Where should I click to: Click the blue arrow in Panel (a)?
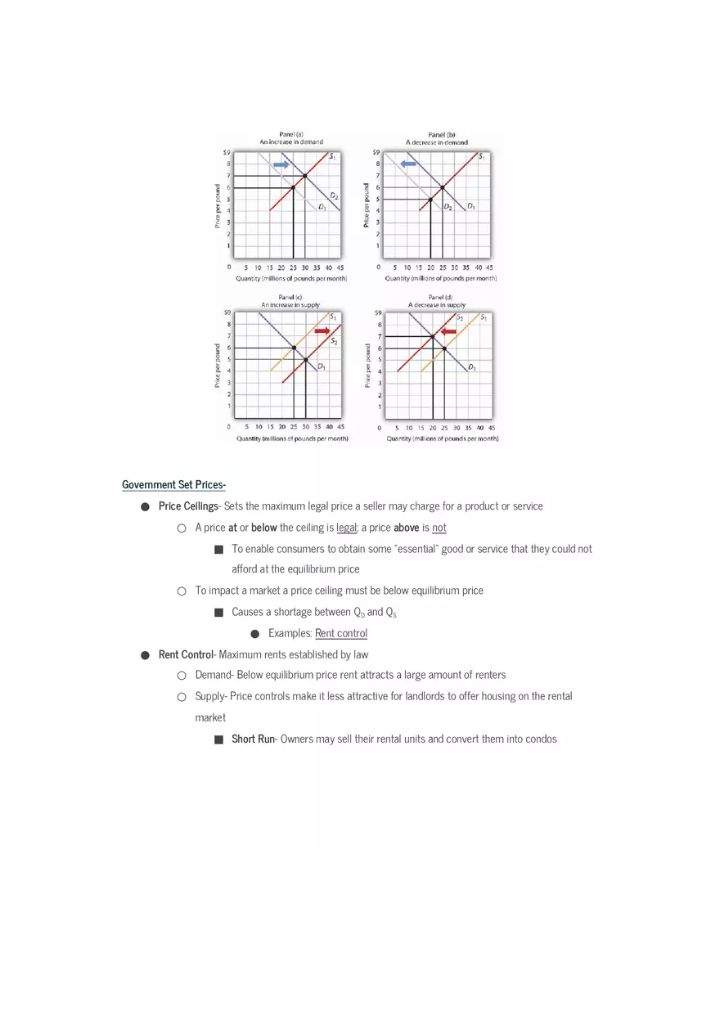pos(281,165)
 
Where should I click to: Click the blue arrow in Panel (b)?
pos(408,164)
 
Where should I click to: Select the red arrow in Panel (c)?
pos(322,330)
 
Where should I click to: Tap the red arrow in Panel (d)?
pos(448,331)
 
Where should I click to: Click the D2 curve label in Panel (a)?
pos(334,196)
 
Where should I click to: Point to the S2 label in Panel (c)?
pos(334,340)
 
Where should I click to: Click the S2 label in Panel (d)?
pos(460,317)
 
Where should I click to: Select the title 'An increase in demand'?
pos(291,142)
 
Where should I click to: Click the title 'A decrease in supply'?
pos(437,305)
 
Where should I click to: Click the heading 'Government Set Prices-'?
pos(173,485)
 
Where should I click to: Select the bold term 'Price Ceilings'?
pos(188,506)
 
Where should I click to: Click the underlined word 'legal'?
pos(347,528)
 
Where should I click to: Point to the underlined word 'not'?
pos(439,528)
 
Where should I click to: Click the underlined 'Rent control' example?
pos(341,633)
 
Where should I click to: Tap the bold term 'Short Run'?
pos(254,739)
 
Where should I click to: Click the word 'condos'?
pos(539,739)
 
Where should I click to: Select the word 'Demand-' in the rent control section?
pos(214,676)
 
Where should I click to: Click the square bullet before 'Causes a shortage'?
pos(218,613)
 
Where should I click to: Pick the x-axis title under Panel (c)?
pos(292,438)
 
